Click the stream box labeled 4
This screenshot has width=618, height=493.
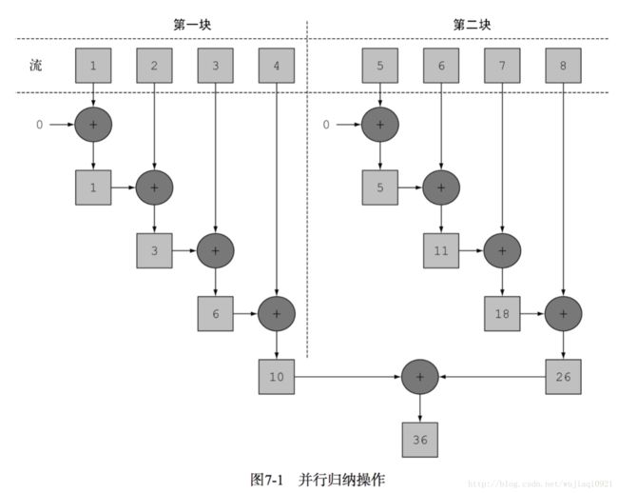tap(277, 66)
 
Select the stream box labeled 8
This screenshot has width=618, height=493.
tap(563, 66)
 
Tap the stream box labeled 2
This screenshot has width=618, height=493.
tap(154, 66)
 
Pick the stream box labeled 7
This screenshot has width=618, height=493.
tap(502, 66)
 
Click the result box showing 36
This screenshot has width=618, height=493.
tap(419, 440)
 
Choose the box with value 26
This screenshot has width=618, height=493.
tap(563, 377)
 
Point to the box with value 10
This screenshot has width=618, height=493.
tap(277, 377)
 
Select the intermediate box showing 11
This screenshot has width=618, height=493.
tap(441, 251)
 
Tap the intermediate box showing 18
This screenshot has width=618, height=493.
tap(502, 313)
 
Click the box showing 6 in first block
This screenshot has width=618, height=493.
tap(215, 313)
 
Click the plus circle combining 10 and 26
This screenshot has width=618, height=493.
tap(419, 377)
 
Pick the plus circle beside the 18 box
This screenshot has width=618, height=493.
tap(563, 313)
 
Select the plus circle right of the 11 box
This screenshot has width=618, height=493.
tap(502, 251)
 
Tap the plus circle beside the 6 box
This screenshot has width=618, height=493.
tap(277, 313)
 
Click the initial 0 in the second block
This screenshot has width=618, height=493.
tap(326, 125)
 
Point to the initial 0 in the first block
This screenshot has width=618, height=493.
tap(39, 125)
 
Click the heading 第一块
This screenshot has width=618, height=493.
tap(192, 25)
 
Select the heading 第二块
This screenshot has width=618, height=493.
tap(472, 25)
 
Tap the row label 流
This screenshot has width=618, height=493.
tap(36, 65)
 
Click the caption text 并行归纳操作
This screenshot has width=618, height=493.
tap(341, 480)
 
